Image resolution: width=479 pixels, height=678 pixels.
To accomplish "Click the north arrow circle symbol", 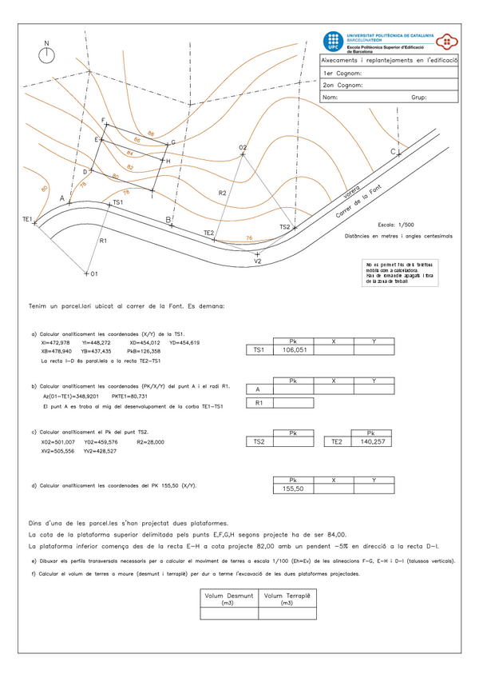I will tap(46, 54).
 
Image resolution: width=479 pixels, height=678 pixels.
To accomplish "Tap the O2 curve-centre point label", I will tap(243, 147).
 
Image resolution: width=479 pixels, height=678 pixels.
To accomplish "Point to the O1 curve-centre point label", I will tap(93, 274).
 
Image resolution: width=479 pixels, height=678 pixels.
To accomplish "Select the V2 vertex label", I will tap(257, 261).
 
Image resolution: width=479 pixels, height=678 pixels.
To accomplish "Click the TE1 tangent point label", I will tap(26, 218).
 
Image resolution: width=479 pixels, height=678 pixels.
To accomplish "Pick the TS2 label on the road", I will tap(285, 227).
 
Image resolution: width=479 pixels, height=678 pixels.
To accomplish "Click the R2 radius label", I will tap(223, 193).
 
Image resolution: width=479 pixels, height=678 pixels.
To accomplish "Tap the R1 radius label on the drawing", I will tap(103, 240).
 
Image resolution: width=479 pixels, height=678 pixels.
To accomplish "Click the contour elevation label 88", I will tap(151, 134).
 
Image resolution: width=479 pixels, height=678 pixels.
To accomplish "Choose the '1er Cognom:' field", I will tap(342, 73).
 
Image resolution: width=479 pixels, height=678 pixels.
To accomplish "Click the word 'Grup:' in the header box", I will tap(418, 98).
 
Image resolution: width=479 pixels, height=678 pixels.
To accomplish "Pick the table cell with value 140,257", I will tap(372, 441).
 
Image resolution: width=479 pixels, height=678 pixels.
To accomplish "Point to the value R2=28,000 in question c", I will tap(149, 441).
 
